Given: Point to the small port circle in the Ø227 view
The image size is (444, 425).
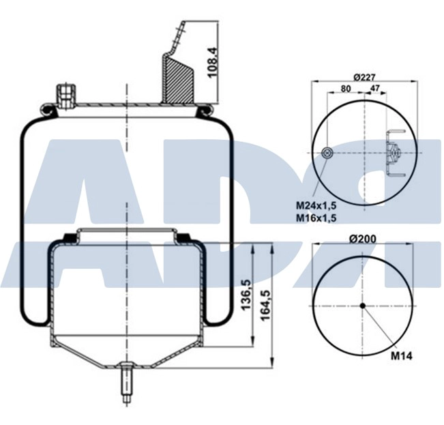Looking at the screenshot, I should pyautogui.click(x=327, y=153).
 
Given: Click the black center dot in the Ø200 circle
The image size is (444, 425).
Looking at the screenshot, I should pyautogui.click(x=363, y=305).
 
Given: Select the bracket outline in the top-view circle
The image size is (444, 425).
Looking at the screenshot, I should pyautogui.click(x=394, y=153).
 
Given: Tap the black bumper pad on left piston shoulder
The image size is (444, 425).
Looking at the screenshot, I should pyautogui.click(x=70, y=237).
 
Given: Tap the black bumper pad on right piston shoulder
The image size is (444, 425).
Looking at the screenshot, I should pyautogui.click(x=183, y=237).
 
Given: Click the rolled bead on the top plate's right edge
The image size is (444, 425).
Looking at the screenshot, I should pyautogui.click(x=205, y=107).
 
